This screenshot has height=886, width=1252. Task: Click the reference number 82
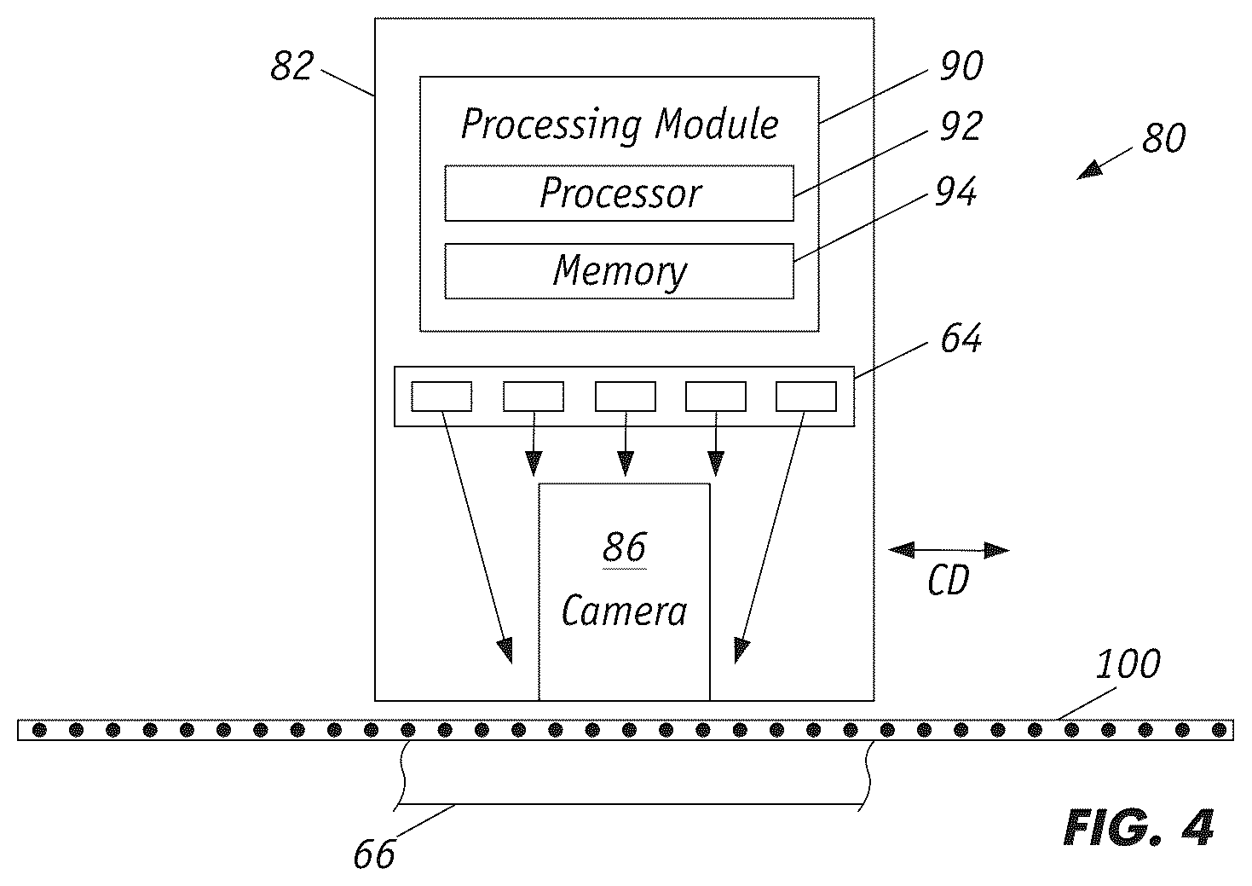pos(291,66)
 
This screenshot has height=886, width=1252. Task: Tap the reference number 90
pos(961,66)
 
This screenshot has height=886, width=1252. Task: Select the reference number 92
pos(961,126)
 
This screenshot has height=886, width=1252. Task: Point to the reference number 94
pos(956,191)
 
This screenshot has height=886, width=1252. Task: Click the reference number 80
pos(1163,138)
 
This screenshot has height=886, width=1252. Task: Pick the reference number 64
pos(961,338)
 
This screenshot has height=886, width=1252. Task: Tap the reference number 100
pos(1128,664)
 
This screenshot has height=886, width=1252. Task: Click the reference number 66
pos(374,854)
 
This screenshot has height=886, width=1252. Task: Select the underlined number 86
pos(625,547)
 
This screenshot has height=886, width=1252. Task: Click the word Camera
pos(625,611)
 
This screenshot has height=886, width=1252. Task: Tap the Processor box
pos(620,193)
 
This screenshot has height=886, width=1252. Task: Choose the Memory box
pos(620,271)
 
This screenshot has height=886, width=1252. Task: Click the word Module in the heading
pos(717,124)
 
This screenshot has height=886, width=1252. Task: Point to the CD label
pos(949,582)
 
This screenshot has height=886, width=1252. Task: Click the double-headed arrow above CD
pos(949,550)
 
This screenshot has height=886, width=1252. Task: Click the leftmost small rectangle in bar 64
pos(441,397)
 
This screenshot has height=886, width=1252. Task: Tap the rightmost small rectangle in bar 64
pos(806,397)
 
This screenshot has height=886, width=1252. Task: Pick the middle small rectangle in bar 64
pos(626,397)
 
